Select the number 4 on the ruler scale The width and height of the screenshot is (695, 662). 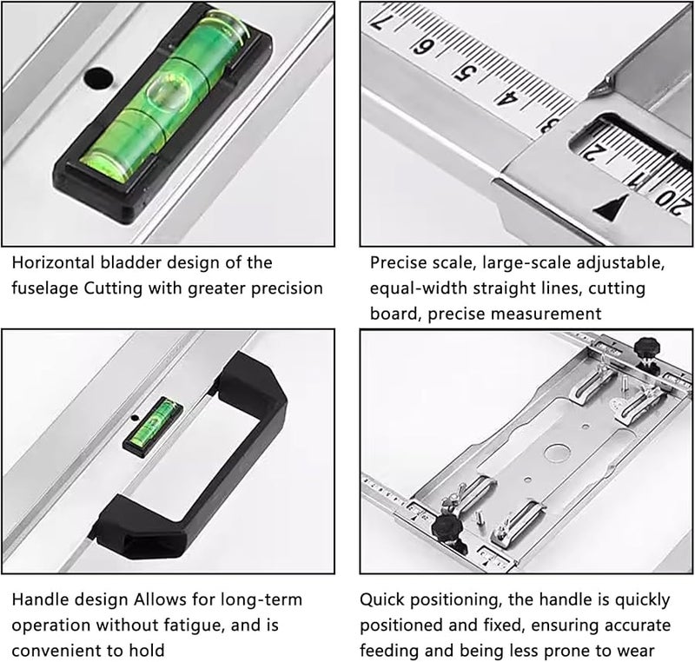pos(508,96)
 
